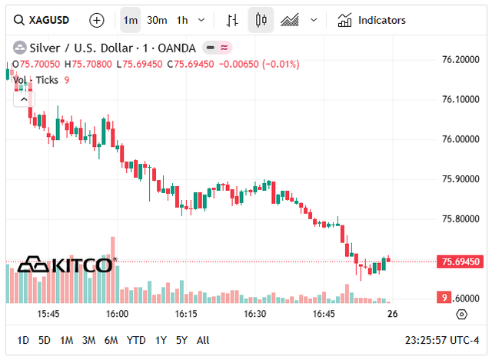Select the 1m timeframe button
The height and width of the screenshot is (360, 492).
pyautogui.click(x=131, y=20)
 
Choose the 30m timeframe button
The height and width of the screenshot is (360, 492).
pyautogui.click(x=157, y=20)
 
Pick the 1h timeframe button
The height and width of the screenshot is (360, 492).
pyautogui.click(x=182, y=20)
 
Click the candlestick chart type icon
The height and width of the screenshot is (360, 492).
pyautogui.click(x=261, y=20)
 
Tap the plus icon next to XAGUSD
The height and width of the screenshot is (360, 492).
pyautogui.click(x=96, y=20)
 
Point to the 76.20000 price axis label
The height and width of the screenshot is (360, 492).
pyautogui.click(x=458, y=59)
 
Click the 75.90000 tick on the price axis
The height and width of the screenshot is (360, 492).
pyautogui.click(x=458, y=178)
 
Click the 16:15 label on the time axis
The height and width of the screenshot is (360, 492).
pyautogui.click(x=185, y=314)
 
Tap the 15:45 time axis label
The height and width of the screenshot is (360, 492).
pyautogui.click(x=48, y=314)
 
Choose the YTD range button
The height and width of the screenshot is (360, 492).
pyautogui.click(x=136, y=340)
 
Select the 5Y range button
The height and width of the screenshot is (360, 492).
pyautogui.click(x=181, y=340)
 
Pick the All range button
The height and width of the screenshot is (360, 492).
pyautogui.click(x=203, y=340)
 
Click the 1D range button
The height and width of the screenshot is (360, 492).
pyautogui.click(x=23, y=340)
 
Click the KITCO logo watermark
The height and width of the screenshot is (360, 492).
pyautogui.click(x=66, y=265)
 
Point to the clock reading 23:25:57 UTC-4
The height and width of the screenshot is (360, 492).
pyautogui.click(x=442, y=340)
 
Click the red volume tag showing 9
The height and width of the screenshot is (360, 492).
pyautogui.click(x=444, y=298)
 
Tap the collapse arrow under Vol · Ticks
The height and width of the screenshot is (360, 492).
pyautogui.click(x=23, y=98)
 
